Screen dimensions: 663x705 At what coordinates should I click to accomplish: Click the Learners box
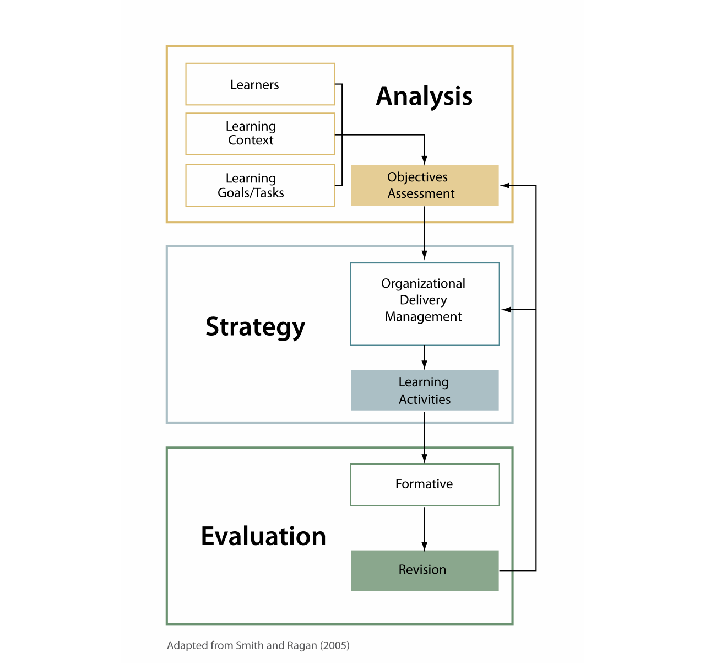coord(260,84)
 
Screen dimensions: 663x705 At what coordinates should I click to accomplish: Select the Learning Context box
coord(260,134)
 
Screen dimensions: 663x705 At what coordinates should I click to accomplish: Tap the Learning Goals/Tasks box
coord(260,186)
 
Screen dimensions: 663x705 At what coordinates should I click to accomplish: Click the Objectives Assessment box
coord(425,186)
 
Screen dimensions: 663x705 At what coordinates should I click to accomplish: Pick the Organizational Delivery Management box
coord(425,304)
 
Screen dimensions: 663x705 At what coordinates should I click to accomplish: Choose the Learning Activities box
coord(425,390)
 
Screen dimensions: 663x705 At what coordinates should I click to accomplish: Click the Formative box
coord(425,484)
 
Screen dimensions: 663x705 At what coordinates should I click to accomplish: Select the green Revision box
coord(425,570)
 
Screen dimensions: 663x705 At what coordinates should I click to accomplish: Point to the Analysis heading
coord(424,96)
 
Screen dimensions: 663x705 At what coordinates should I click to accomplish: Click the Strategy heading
coord(255,327)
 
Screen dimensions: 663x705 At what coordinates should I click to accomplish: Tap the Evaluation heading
coord(263,536)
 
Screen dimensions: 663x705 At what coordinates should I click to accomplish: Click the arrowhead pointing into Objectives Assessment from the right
coord(505,186)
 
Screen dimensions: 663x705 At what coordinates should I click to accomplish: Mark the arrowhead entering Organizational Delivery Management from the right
coord(506,310)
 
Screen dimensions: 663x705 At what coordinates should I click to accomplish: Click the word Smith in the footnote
coord(250,645)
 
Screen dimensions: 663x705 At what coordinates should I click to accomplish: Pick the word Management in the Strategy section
coord(423,317)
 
